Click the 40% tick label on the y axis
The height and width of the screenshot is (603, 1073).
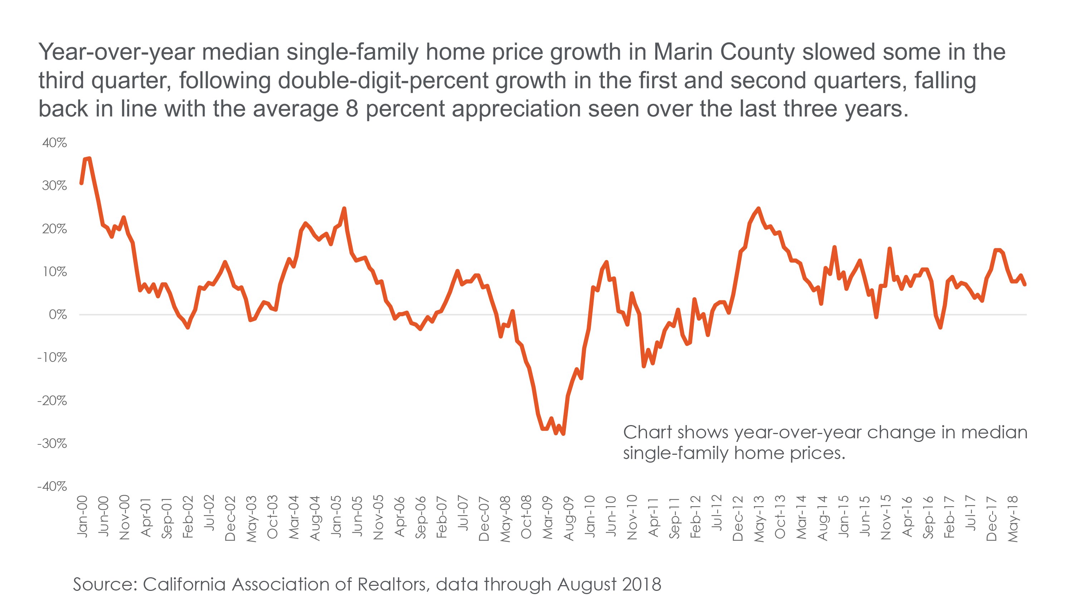(54, 143)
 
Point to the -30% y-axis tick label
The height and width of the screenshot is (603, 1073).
(52, 444)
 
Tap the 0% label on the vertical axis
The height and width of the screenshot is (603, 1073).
(58, 315)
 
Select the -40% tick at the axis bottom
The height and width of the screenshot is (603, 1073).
(52, 487)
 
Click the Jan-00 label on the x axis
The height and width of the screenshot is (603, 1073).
(83, 517)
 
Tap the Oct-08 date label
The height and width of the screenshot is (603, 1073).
(526, 517)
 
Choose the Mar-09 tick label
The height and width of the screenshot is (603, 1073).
(547, 518)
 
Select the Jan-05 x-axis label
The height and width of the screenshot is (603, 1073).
(336, 517)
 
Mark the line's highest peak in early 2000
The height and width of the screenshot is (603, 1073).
(89, 158)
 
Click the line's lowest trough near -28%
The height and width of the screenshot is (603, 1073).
(563, 434)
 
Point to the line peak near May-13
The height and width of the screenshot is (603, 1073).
(759, 209)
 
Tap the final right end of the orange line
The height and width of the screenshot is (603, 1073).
(1025, 285)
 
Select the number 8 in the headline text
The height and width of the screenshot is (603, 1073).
(352, 109)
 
